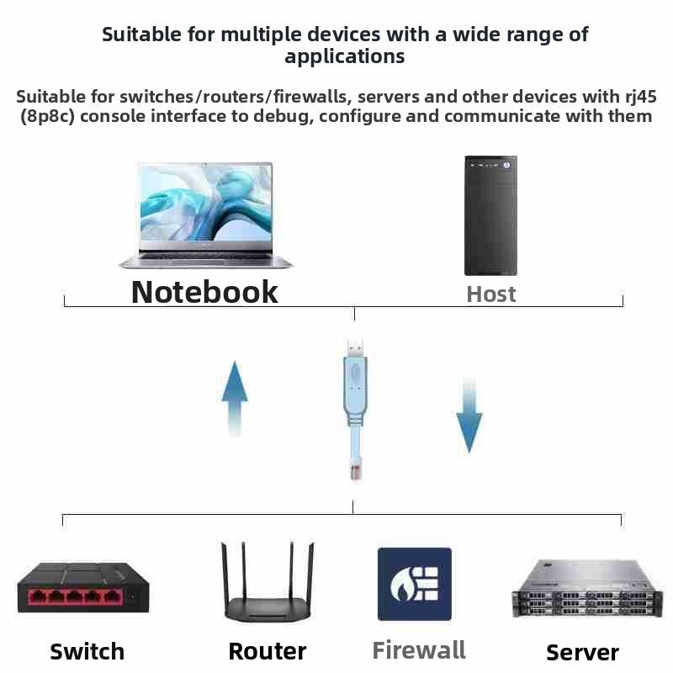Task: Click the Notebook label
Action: tap(204, 291)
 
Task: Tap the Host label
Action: tap(490, 294)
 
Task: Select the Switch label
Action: tap(87, 651)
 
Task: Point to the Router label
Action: tap(267, 651)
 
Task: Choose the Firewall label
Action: tap(419, 649)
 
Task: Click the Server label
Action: tap(582, 652)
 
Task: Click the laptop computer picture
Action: tap(206, 215)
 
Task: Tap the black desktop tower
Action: tap(490, 215)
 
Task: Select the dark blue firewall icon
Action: tap(414, 584)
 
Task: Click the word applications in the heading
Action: tap(345, 57)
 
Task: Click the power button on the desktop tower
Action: tap(507, 166)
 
